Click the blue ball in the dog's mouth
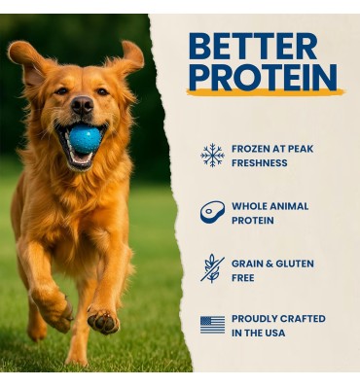tap(84, 140)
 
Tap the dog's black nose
tap(82, 104)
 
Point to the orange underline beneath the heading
tap(265, 92)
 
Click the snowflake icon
tap(212, 155)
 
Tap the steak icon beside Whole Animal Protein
tap(212, 211)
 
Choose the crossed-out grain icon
tap(212, 267)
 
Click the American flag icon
tap(212, 324)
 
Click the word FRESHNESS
tap(259, 163)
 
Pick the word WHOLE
tap(250, 206)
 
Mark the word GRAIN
tap(248, 263)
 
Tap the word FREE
tap(243, 277)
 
